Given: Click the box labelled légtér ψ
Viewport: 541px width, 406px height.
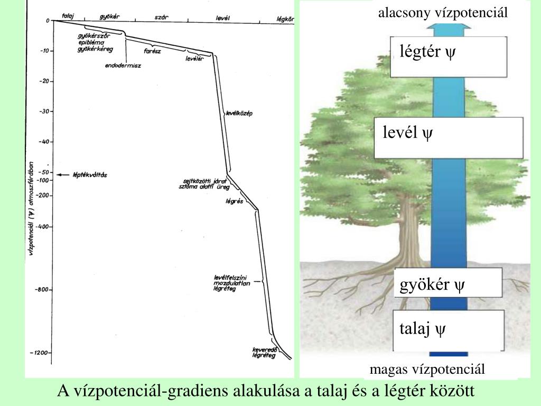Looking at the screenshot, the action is (x=449, y=57).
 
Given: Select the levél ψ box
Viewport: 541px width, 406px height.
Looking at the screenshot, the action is (x=449, y=137).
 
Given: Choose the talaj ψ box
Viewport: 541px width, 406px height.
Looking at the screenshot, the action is (x=449, y=331).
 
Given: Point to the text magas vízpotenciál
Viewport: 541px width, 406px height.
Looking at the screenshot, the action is (x=427, y=370).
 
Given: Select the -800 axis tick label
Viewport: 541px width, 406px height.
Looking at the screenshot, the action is (x=42, y=290).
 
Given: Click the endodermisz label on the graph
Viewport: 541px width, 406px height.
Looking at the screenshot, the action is (x=126, y=66).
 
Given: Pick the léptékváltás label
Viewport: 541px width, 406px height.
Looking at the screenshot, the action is (x=89, y=174).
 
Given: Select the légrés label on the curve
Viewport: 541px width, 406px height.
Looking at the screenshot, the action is (x=234, y=201).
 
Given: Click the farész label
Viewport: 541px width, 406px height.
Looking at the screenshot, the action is (x=152, y=51).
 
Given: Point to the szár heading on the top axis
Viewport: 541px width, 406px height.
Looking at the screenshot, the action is (x=161, y=17).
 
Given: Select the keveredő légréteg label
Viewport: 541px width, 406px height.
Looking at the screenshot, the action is (x=264, y=353).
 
